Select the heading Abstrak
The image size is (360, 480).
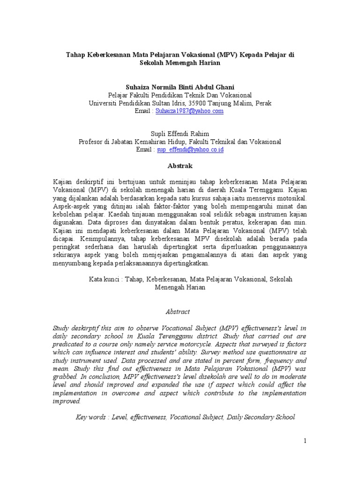point(180,166)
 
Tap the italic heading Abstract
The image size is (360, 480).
point(178,311)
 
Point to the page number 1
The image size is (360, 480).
point(305,441)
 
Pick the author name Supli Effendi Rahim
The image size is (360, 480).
point(180,134)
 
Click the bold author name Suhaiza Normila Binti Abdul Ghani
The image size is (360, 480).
point(180,87)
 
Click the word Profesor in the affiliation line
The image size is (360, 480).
point(92,142)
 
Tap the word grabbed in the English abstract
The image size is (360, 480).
point(64,376)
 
